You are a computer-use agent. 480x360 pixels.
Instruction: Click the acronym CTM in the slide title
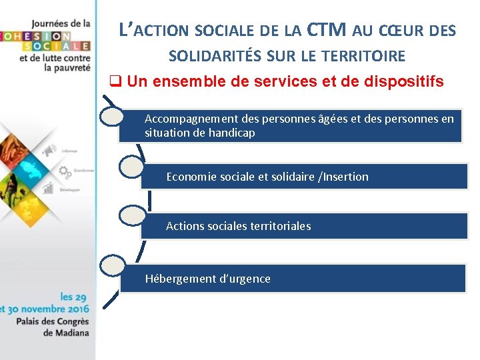[327, 29]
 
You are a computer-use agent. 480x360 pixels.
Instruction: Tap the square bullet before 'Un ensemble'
[115, 82]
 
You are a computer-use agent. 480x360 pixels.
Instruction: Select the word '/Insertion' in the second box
[343, 177]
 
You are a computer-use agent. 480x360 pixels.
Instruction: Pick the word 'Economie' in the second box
[190, 177]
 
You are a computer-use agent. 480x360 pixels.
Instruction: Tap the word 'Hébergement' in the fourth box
[174, 279]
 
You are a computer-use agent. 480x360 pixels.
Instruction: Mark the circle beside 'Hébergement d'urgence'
[112, 265]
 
